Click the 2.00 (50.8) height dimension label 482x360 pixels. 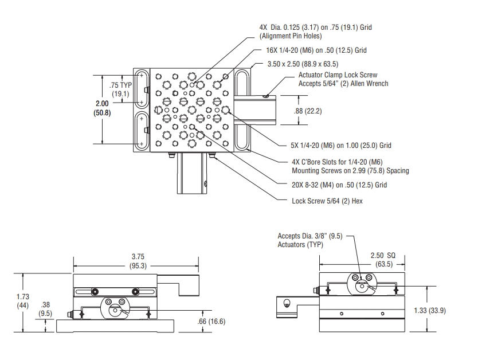(101, 108)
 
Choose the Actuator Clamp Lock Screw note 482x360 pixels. (343, 79)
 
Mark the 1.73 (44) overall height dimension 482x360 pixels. (23, 302)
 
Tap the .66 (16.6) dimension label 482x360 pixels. (211, 321)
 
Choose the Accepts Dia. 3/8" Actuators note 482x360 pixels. (309, 240)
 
